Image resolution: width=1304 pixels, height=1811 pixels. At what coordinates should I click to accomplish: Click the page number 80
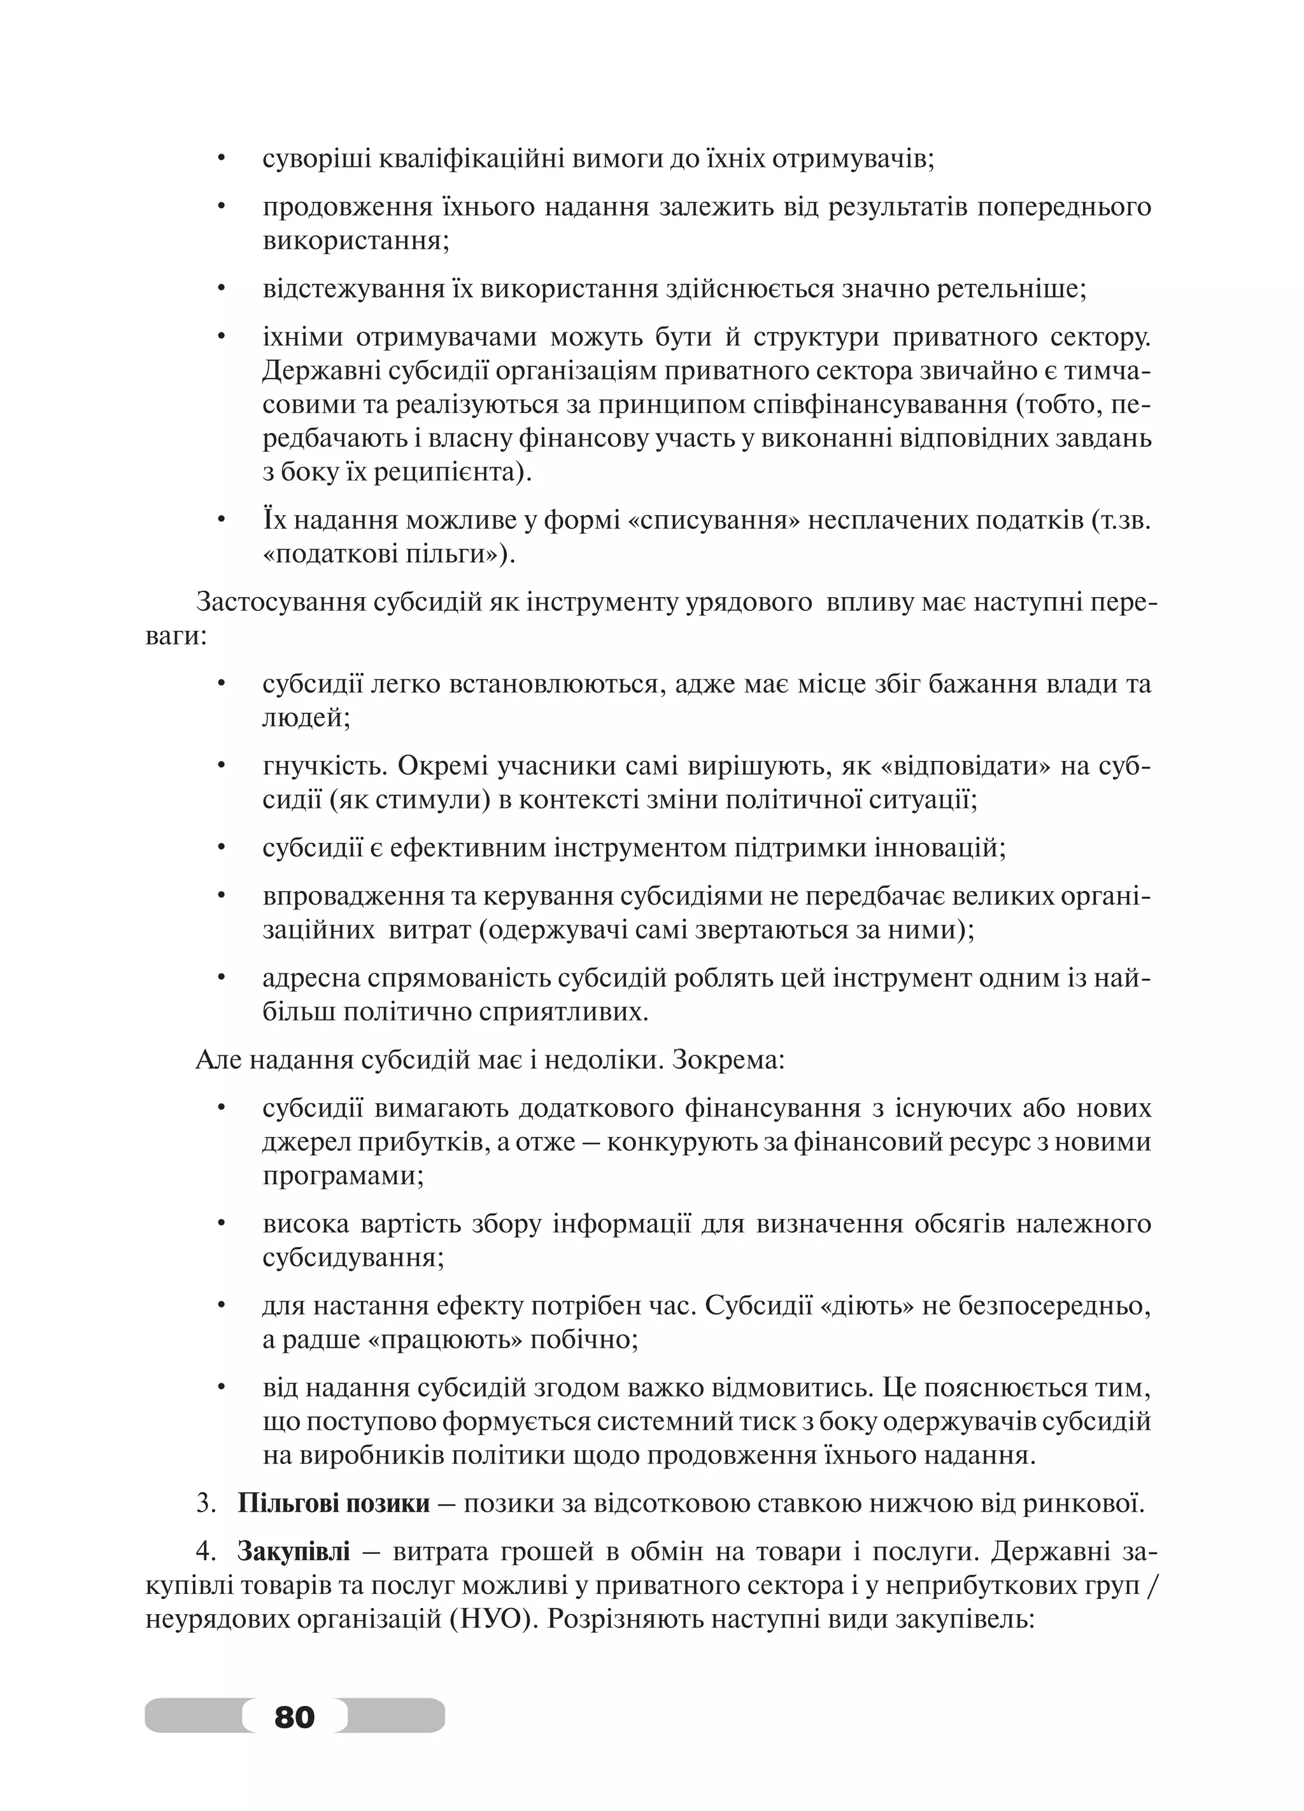(294, 1715)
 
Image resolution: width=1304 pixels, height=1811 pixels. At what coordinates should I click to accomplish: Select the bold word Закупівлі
(293, 1551)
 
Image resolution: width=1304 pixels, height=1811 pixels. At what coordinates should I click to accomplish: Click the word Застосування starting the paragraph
(280, 602)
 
